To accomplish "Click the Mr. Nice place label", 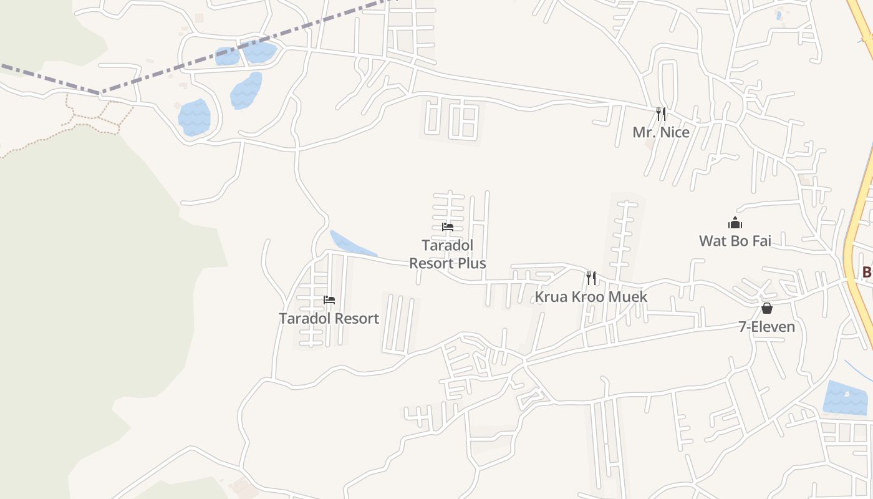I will pos(661,132).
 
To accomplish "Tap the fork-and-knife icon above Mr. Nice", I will pos(661,114).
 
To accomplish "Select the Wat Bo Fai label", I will pos(735,241).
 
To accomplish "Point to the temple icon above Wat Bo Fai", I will pos(735,223).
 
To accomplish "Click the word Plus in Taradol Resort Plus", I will pos(471,263).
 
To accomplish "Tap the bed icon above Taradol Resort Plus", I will pos(448,227).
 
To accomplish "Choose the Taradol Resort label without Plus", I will pos(329,318).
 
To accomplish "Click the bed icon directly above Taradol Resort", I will pos(329,300).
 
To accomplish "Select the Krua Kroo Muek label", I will pos(591,296).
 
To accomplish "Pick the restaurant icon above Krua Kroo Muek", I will pos(591,278).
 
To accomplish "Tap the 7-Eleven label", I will pos(766,326).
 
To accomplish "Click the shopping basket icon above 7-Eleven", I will pos(767,308).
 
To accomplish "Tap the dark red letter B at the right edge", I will pos(867,272).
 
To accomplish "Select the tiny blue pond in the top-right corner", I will pos(779,16).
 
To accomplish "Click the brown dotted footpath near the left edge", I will pos(94,119).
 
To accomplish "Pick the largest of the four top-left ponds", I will pos(194,117).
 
